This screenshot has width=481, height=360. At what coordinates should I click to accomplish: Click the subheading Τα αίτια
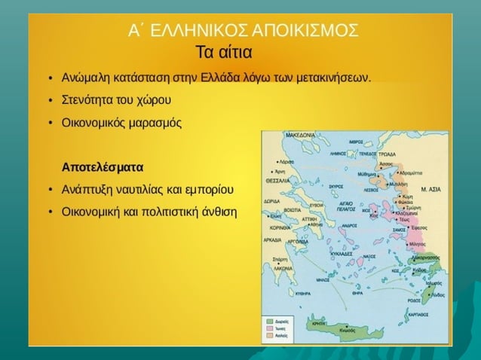224,53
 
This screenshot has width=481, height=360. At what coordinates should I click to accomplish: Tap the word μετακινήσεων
329,78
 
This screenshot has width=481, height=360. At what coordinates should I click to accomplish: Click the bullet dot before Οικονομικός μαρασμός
48,121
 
